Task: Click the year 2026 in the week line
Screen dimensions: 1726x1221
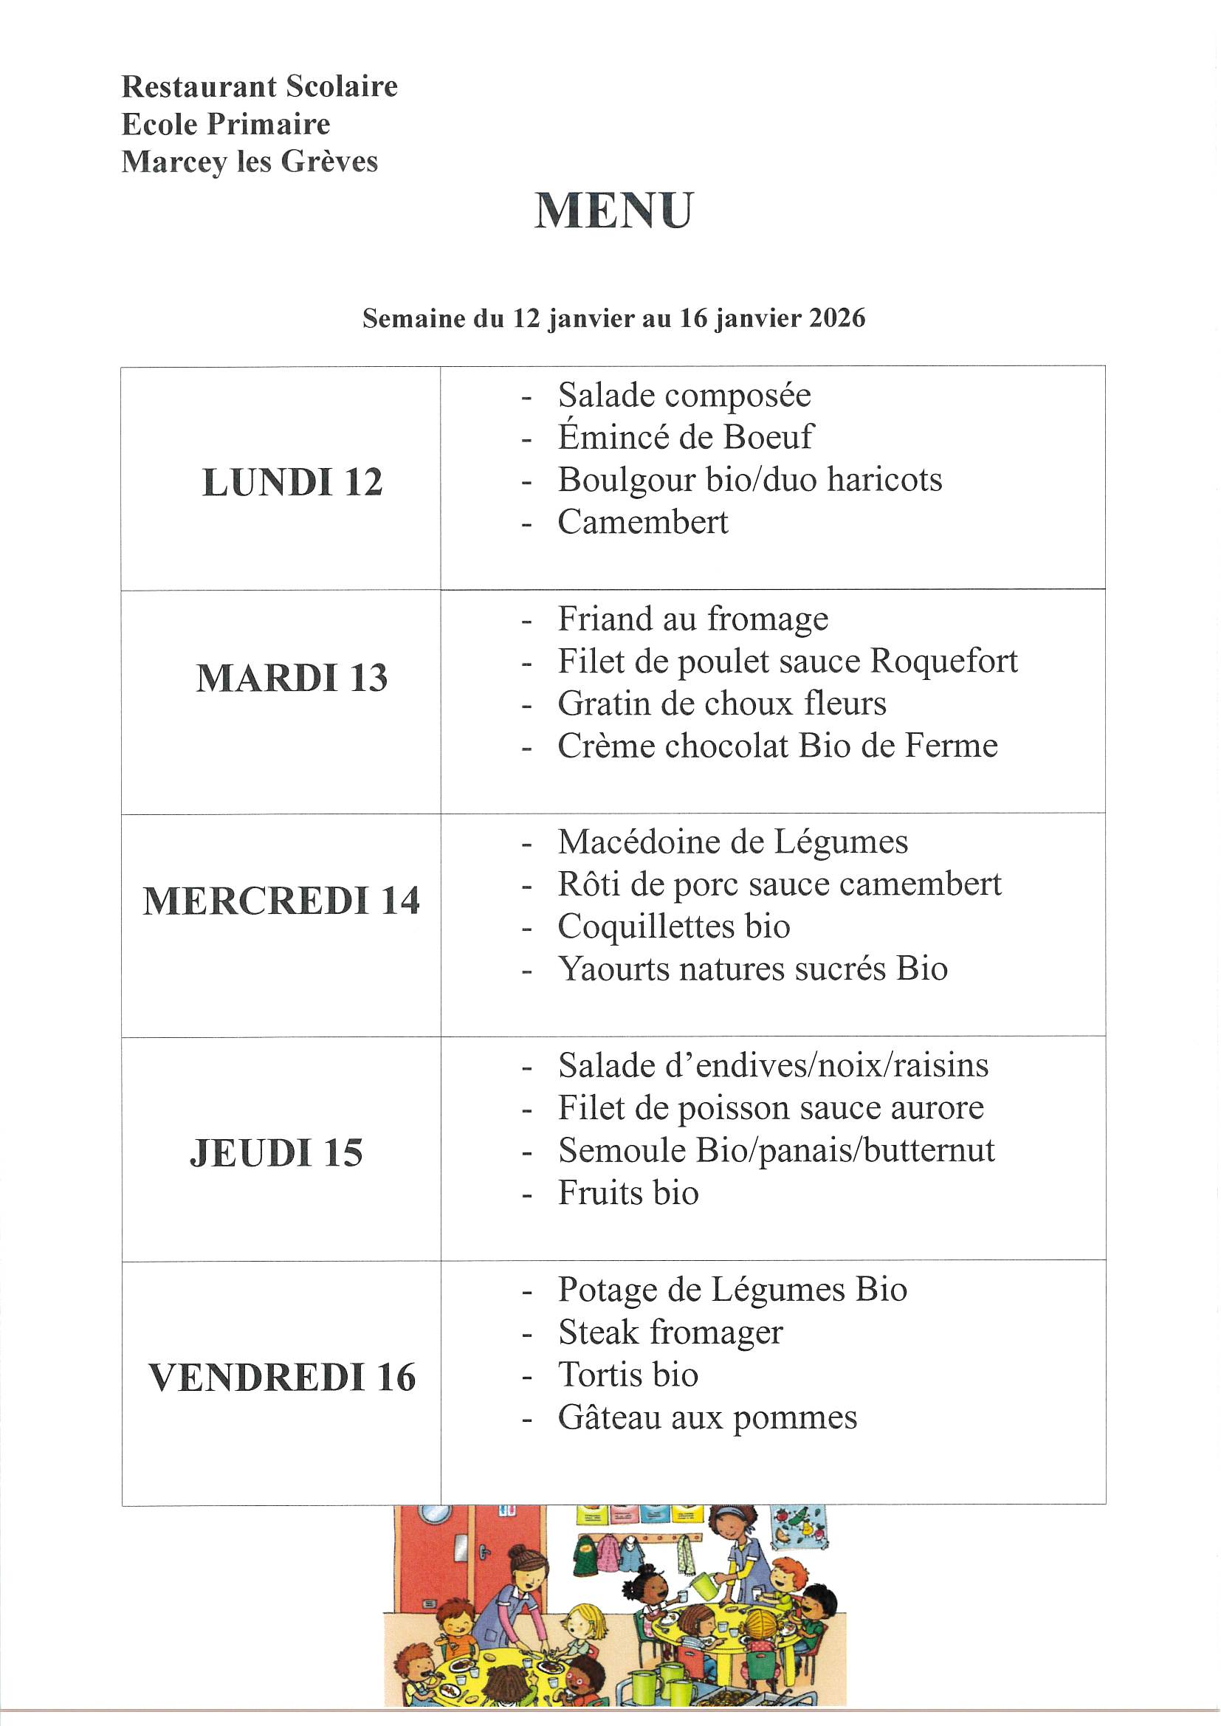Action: click(x=838, y=318)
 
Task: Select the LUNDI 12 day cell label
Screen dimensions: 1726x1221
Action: click(x=292, y=482)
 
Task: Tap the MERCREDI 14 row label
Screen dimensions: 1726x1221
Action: click(x=281, y=901)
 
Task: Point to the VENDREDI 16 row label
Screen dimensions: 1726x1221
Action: click(x=282, y=1378)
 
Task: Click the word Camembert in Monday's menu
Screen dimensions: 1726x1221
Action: click(x=643, y=523)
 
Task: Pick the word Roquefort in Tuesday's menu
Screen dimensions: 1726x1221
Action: click(x=943, y=661)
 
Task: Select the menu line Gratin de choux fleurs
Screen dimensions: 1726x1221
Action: click(x=722, y=704)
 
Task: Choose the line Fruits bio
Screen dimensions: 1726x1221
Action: click(x=627, y=1193)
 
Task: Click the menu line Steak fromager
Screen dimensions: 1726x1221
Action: click(x=670, y=1332)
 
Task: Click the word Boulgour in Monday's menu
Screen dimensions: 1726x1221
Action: click(x=610, y=481)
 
